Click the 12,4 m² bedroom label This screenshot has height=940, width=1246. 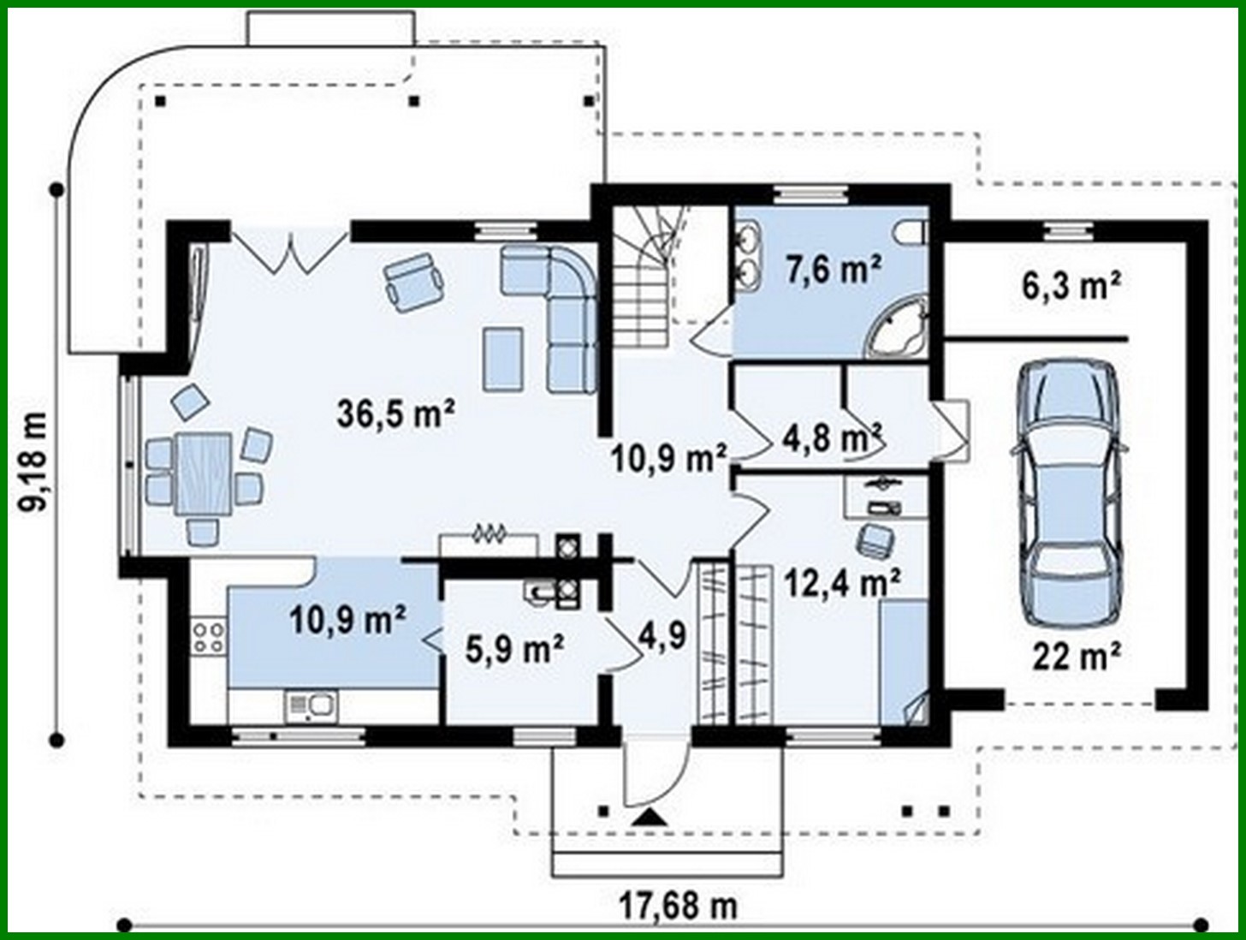click(842, 584)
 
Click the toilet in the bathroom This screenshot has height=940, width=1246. click(909, 231)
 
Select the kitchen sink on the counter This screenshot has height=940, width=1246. click(311, 706)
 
